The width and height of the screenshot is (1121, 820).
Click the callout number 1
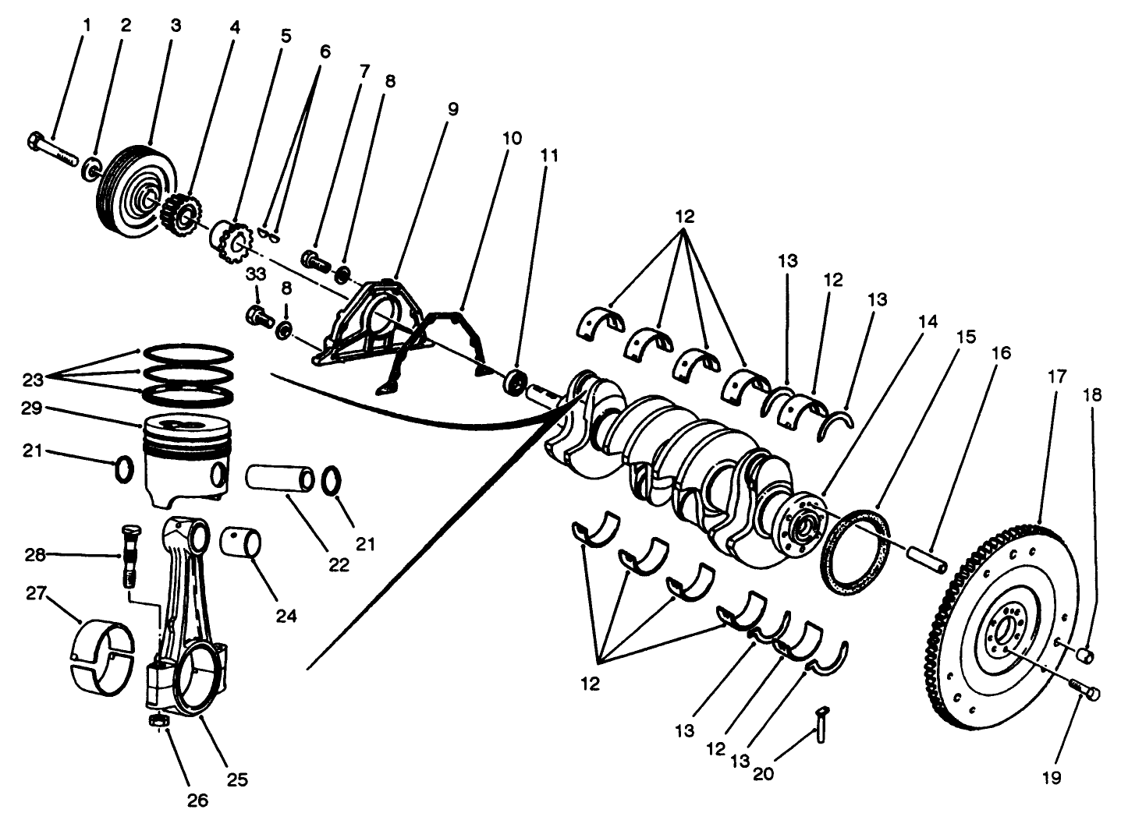87,25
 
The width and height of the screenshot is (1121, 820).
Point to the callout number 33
257,274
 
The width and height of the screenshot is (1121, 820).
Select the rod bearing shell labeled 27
102,656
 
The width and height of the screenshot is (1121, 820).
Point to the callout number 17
1056,376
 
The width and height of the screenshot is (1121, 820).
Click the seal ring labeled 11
516,383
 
